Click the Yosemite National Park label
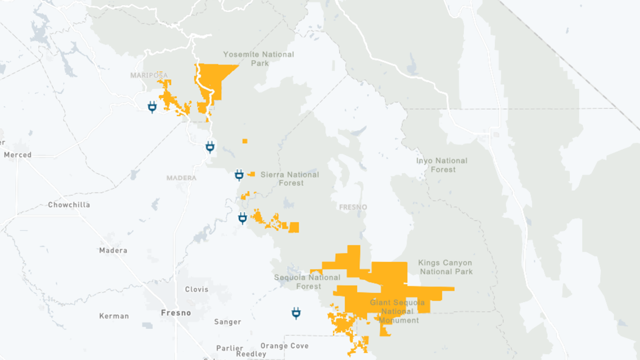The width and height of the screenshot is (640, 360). [258, 58]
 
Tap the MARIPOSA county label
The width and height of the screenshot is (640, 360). [149, 75]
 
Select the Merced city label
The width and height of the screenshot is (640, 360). [17, 154]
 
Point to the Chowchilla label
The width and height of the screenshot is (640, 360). [68, 205]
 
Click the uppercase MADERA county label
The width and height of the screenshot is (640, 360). [181, 178]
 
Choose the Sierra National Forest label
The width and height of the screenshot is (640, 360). [290, 179]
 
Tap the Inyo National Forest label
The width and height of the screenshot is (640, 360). [442, 165]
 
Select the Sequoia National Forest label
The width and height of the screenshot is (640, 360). [308, 282]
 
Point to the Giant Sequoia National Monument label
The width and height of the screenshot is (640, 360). [397, 312]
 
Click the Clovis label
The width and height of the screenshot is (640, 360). [196, 289]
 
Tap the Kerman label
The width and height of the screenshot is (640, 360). [114, 316]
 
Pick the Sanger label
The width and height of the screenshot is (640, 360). [227, 322]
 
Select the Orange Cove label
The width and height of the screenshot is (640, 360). [285, 346]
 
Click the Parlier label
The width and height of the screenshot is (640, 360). [230, 348]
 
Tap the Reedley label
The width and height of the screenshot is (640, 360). [251, 354]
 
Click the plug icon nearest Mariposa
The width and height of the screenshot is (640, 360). [152, 107]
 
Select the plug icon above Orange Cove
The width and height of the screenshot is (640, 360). [296, 313]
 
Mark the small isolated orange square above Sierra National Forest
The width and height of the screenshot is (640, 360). [245, 141]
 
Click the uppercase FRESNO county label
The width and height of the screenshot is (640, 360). [353, 207]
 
